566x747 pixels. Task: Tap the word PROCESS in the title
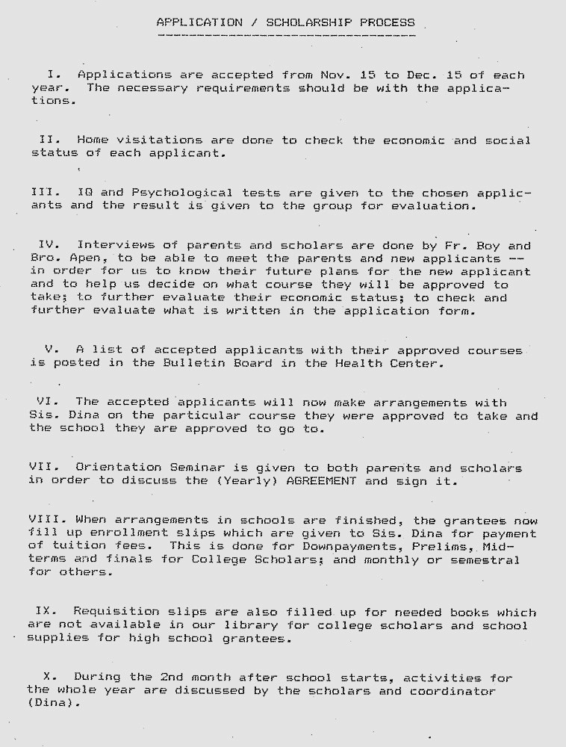tap(387, 22)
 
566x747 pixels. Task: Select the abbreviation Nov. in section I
tap(336, 75)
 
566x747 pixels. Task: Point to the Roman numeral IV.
tap(48, 245)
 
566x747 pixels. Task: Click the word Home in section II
tap(93, 140)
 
